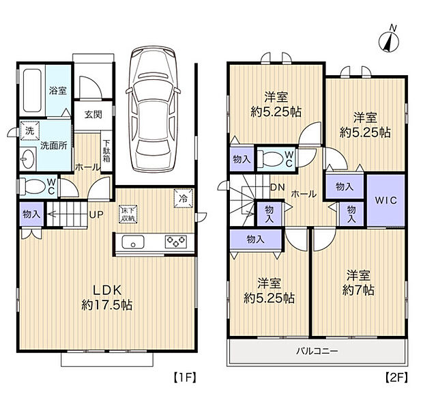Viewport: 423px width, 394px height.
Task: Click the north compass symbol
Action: pos(389,41)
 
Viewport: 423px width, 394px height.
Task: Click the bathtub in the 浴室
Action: pos(32,90)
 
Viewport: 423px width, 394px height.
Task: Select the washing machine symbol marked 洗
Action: pos(29,130)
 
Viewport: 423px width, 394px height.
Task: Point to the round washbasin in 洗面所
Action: pos(27,159)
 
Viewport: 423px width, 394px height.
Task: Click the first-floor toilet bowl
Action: pos(34,186)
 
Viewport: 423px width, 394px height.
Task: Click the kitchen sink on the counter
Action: pos(133,242)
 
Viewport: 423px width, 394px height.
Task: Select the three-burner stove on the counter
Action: pos(176,242)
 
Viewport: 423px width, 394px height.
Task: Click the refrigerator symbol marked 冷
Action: pos(184,199)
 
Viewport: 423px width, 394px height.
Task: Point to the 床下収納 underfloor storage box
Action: pos(128,214)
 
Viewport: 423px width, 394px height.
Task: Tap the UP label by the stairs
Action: pos(96,214)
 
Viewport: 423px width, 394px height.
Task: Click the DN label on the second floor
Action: pos(277,187)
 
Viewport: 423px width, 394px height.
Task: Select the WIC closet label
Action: pos(385,200)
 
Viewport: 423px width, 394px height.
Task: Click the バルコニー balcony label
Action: pos(317,351)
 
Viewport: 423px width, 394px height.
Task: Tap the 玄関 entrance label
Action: pos(93,115)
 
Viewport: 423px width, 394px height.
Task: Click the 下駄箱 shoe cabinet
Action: pos(106,151)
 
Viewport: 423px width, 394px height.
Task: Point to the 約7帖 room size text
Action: pos(358,291)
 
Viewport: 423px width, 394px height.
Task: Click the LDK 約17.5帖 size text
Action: pos(107,298)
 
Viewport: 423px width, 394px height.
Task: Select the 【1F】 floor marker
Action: pos(185,377)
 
